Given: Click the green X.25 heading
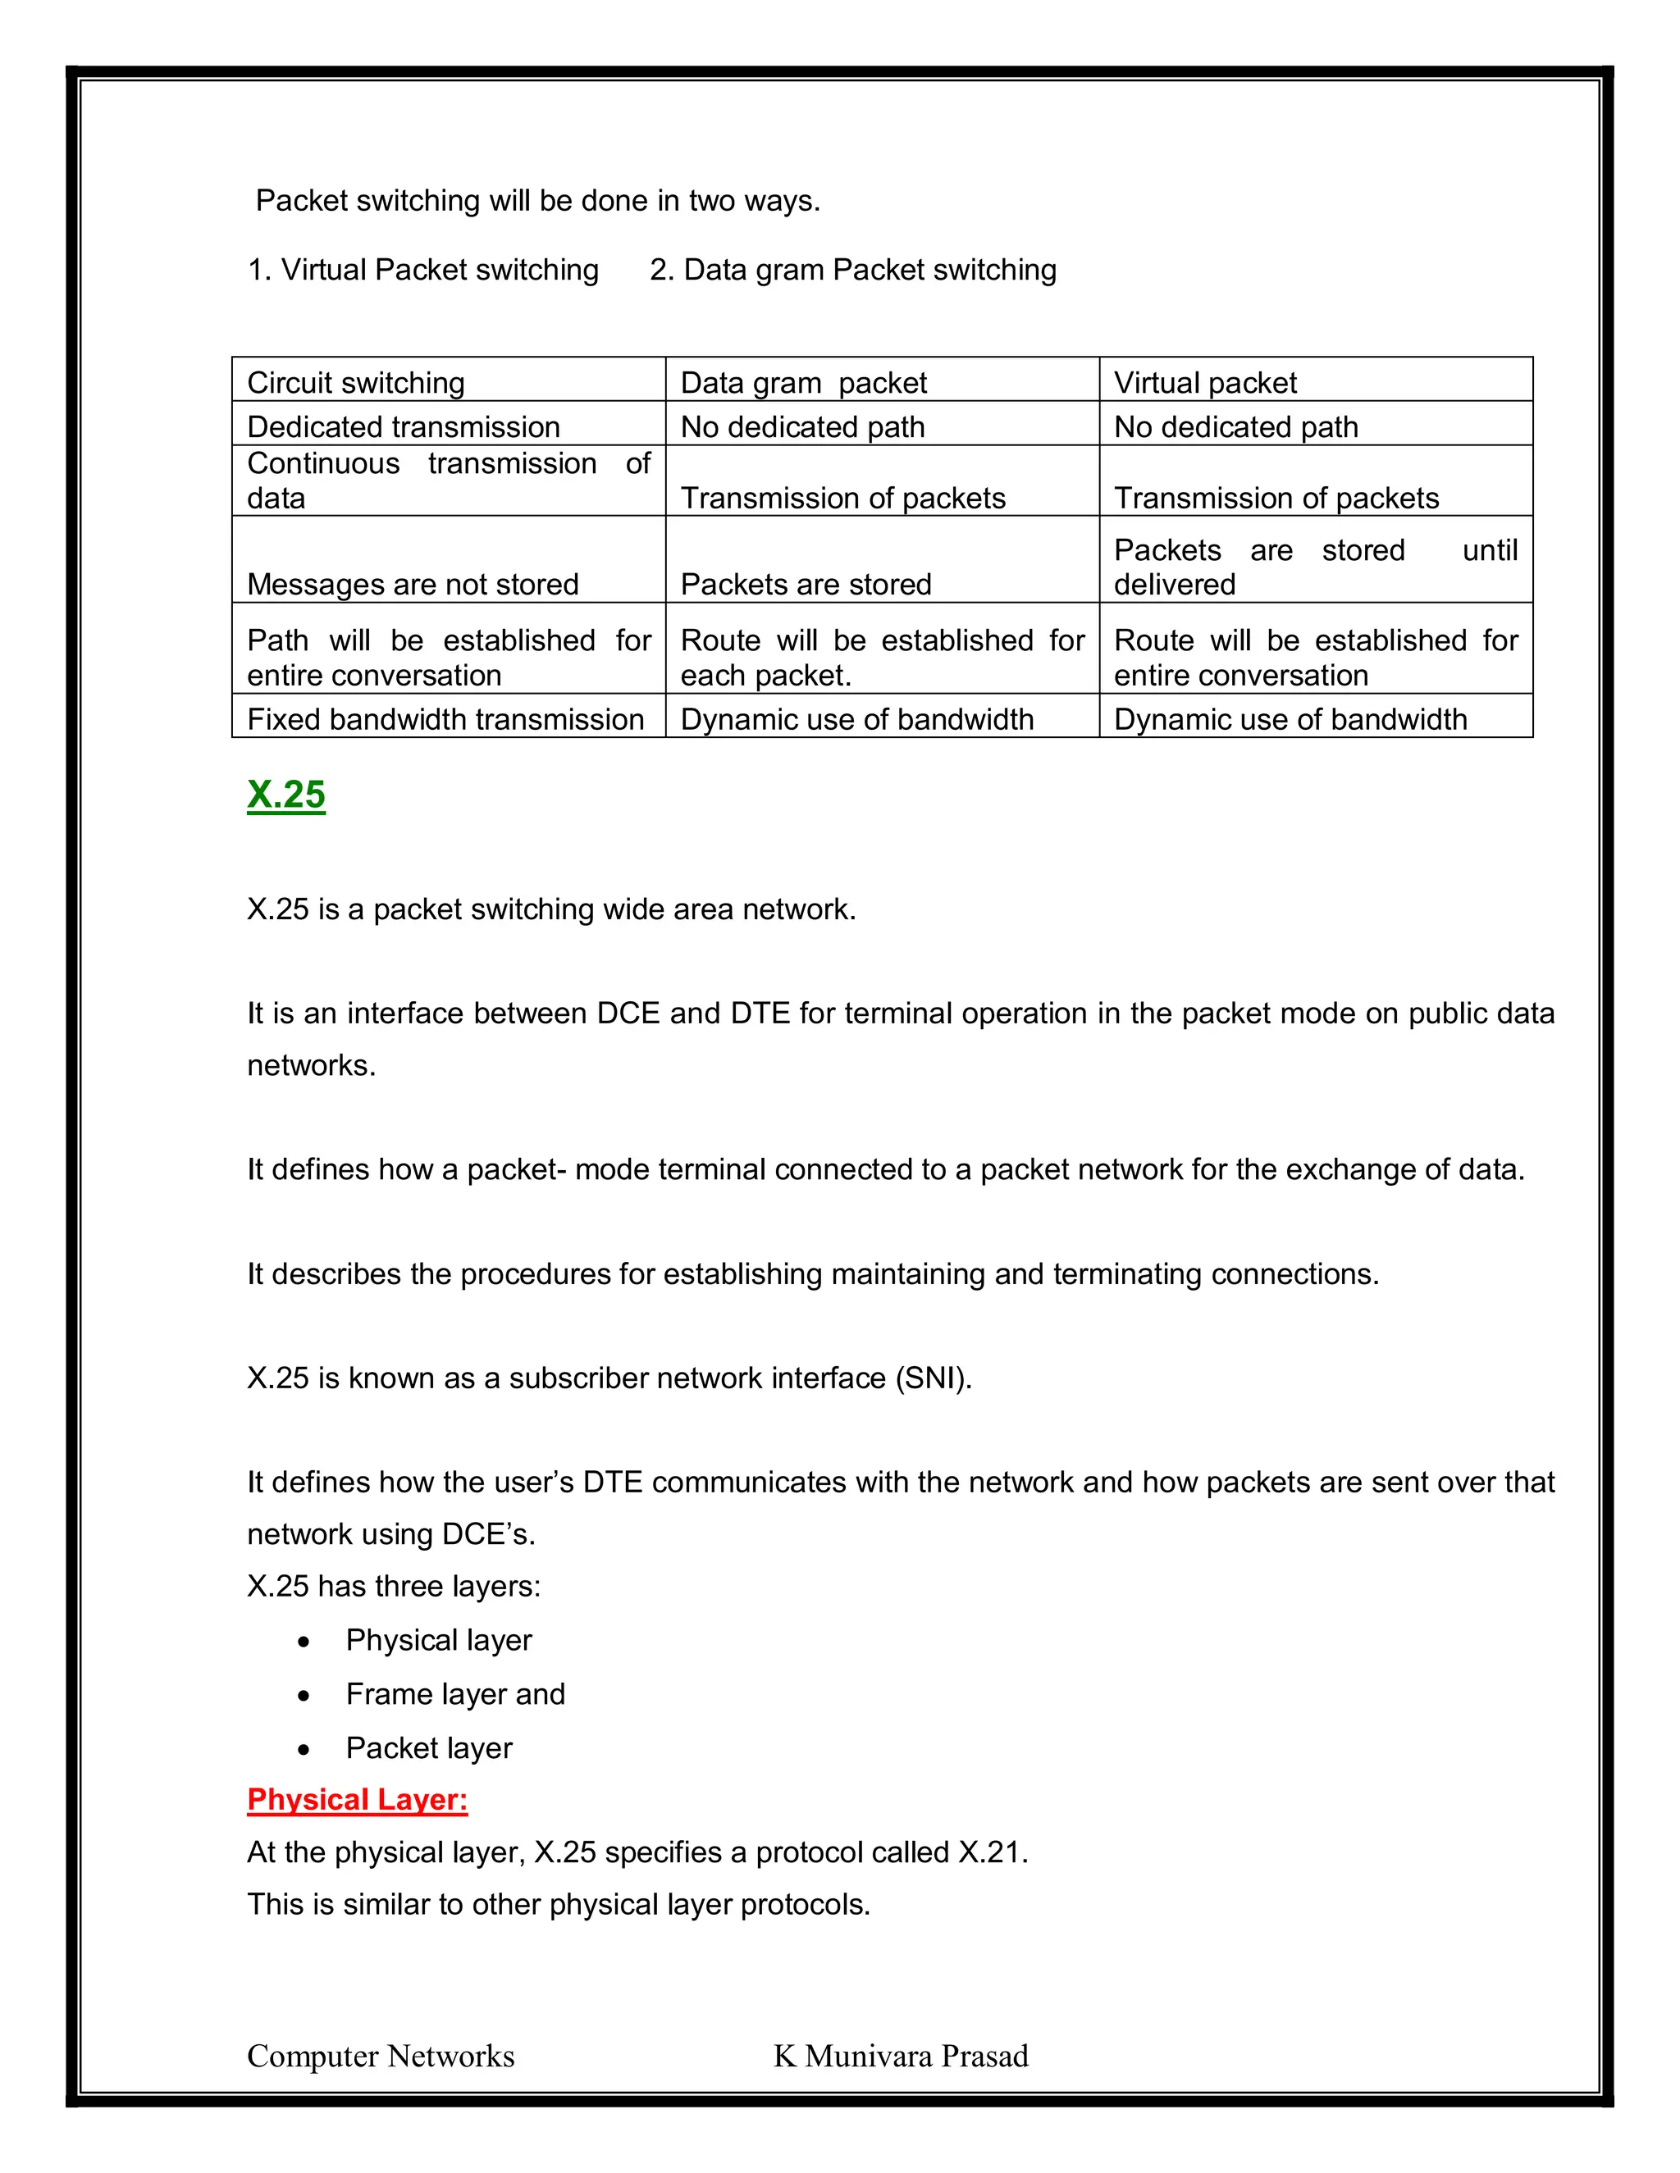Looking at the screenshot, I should point(285,794).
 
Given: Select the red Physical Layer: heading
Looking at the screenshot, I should point(358,1799).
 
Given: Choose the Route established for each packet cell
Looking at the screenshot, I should point(882,657).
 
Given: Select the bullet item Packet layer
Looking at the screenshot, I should point(429,1747).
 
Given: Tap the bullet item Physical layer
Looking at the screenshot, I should point(439,1640).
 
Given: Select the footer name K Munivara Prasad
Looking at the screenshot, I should point(901,2056).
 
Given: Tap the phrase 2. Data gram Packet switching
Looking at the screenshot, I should point(853,270).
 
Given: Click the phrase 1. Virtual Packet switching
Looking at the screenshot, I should point(423,270).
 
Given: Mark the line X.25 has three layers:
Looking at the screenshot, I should point(393,1586).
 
